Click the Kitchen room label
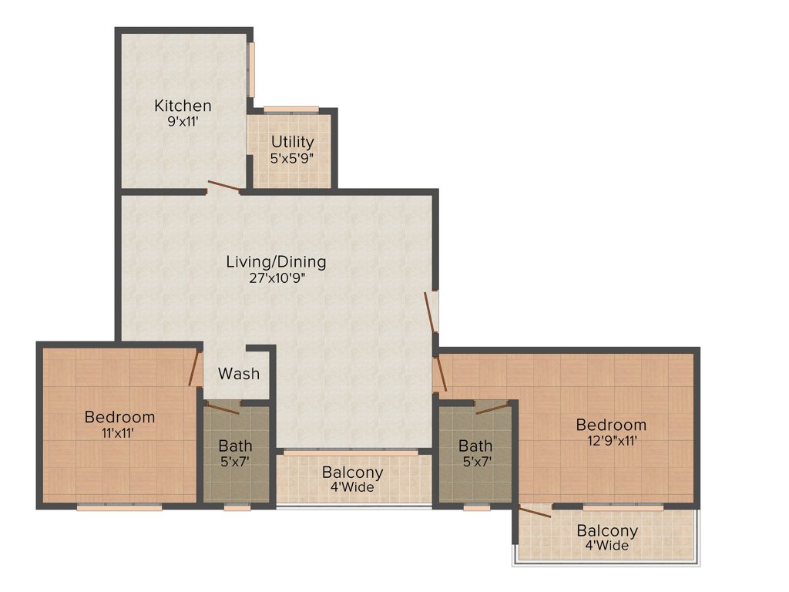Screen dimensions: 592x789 [183, 106]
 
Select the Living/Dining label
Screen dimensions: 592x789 [276, 262]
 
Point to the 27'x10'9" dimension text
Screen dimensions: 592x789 [276, 279]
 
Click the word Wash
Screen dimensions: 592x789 [238, 374]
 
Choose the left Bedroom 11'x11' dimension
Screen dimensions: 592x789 [119, 433]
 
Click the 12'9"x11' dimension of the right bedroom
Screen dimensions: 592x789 [611, 441]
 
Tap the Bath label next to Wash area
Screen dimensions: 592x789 [235, 446]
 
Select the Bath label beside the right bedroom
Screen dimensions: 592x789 [475, 446]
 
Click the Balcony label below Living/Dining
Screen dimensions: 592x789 [352, 473]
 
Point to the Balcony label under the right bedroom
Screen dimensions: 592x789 [607, 530]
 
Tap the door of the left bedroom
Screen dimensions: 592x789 [196, 368]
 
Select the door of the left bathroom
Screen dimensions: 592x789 [223, 408]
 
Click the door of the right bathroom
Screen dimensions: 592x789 [493, 408]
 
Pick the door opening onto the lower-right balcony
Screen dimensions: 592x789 [535, 510]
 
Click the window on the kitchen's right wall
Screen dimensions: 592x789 [251, 69]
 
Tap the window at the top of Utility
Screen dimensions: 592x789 [290, 109]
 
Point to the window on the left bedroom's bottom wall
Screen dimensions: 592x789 [119, 507]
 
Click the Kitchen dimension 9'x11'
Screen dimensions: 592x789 [183, 122]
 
